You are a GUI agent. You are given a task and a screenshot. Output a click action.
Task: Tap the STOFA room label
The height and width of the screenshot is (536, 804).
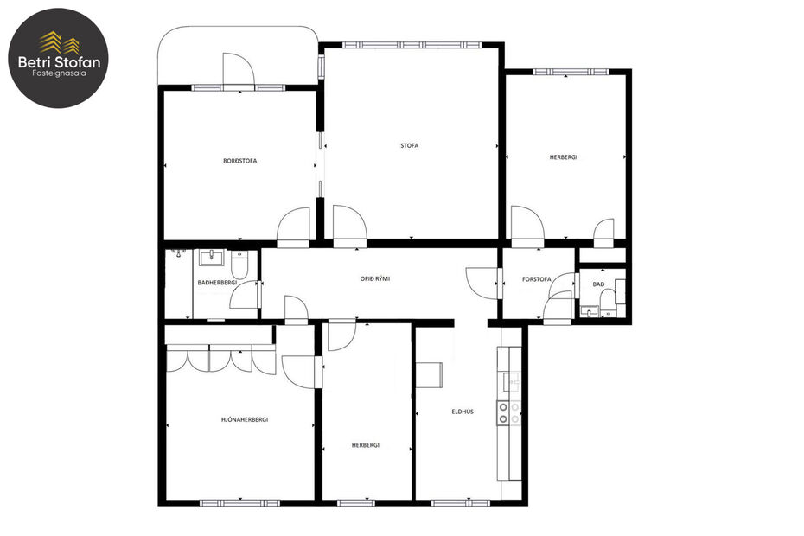[x=409, y=145]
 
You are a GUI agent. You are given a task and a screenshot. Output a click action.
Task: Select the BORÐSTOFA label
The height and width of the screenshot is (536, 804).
[x=239, y=161]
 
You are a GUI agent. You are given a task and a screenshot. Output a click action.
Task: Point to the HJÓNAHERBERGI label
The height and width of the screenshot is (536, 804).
[x=244, y=419]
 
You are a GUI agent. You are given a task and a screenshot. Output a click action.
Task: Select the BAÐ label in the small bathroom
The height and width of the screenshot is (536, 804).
[x=598, y=284]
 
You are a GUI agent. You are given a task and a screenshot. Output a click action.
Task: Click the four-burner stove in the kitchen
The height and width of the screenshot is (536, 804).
[x=508, y=413]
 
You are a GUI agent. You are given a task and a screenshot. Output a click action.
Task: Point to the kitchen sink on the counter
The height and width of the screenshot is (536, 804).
[x=511, y=381]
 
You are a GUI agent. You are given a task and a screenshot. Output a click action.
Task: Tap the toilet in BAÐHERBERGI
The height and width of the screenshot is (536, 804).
[x=241, y=260]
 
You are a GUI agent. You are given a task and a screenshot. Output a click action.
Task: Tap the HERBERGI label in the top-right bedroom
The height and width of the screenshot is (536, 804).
[x=563, y=157]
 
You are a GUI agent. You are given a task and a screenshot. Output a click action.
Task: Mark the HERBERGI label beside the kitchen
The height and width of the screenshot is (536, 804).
[x=365, y=444]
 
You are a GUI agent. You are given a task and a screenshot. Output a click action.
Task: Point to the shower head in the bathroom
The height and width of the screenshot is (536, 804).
[x=177, y=253]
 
